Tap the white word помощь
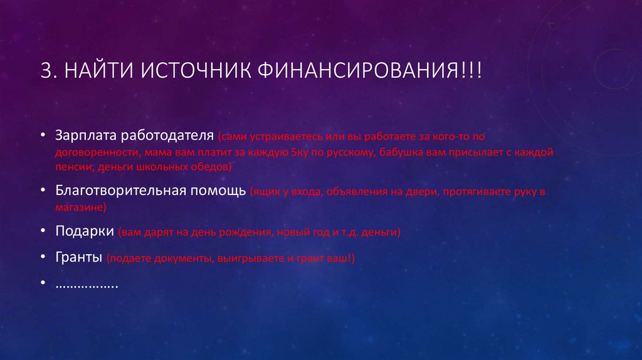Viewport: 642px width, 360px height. [217, 190]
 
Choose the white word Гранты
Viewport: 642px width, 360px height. [78, 258]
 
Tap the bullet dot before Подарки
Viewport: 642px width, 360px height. [41, 231]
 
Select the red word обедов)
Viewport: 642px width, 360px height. [213, 167]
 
